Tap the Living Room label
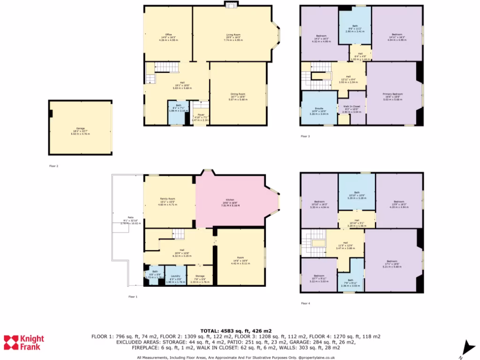click(232, 35)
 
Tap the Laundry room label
click(176, 276)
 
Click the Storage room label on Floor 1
click(200, 276)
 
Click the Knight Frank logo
click(24, 343)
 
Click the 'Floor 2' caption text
click(54, 166)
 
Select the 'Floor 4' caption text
click(305, 303)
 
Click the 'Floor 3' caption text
click(305, 136)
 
